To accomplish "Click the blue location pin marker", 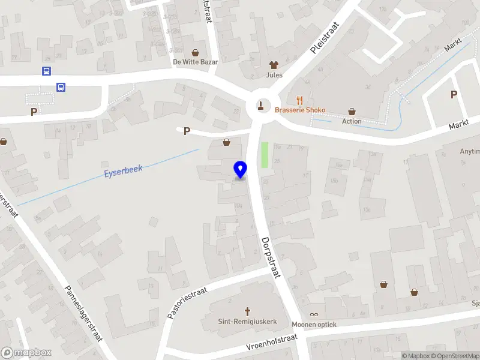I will pos(241,170).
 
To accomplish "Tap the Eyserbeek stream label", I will pos(123,171).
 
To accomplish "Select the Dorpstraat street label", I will pos(271,257).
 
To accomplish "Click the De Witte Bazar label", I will pos(195,62).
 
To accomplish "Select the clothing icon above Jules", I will pos(274,65).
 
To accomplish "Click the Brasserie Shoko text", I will pos(300,110).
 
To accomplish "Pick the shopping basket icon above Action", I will pos(352,111).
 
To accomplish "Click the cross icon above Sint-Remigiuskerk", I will pos(247,311).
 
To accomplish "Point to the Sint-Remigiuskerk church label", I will pos(247,322).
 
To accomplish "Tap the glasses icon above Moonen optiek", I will pos(314,314).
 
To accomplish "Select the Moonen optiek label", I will pos(314,325).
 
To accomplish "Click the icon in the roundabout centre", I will pos(261,106).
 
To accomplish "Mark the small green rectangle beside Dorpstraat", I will pos(264,155).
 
